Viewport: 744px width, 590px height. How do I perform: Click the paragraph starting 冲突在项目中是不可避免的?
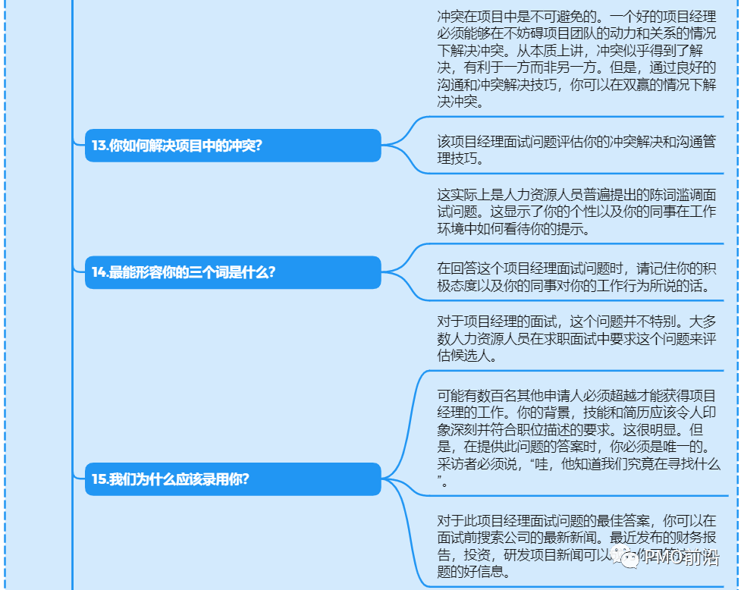point(576,59)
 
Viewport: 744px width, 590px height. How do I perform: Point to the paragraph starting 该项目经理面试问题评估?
point(576,150)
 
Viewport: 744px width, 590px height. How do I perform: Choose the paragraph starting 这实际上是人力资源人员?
point(576,212)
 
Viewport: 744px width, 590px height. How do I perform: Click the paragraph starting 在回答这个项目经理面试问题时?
point(576,278)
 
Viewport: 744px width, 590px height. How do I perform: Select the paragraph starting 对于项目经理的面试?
point(576,338)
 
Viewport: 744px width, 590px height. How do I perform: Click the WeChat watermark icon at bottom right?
point(629,560)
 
